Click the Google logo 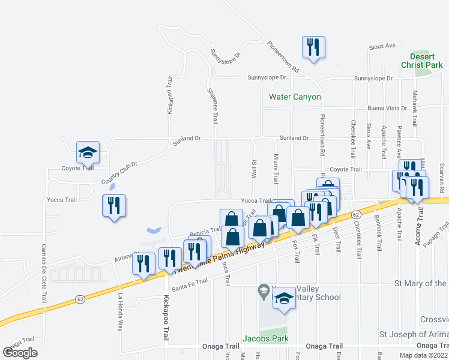pyautogui.click(x=20, y=352)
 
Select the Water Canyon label pyautogui.click(x=295, y=97)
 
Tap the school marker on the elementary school pyautogui.click(x=284, y=299)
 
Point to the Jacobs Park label pyautogui.click(x=265, y=339)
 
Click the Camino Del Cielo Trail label pyautogui.click(x=43, y=267)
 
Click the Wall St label pyautogui.click(x=254, y=169)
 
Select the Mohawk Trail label pyautogui.click(x=414, y=108)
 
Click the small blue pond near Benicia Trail pyautogui.click(x=154, y=230)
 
